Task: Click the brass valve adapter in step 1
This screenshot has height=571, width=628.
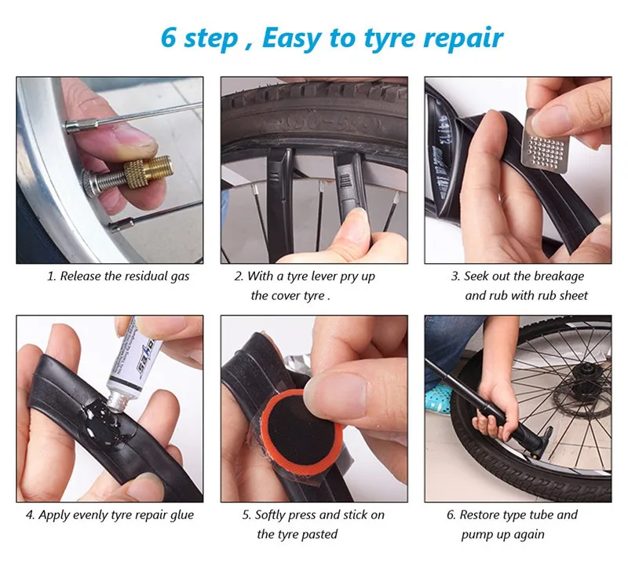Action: [x=148, y=173]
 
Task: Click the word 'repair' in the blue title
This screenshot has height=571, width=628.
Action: [x=463, y=38]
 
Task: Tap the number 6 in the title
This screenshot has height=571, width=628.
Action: [x=168, y=37]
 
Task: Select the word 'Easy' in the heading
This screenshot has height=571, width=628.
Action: [x=290, y=38]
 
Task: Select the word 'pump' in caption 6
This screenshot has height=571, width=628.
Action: [x=476, y=536]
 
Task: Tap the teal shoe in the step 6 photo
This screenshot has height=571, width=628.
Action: [x=439, y=399]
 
